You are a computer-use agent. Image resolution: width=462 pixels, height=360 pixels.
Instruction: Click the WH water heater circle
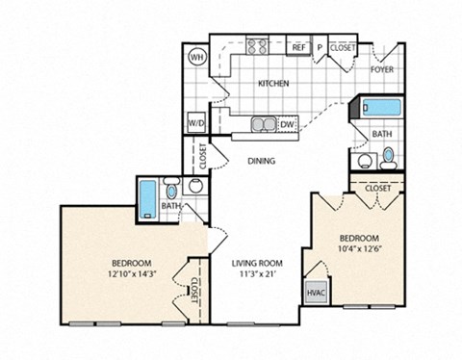coord(198,57)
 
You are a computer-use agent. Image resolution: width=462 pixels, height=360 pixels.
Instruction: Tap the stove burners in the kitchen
coord(257,45)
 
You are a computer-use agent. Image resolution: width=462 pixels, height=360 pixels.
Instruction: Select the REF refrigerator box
coord(298,47)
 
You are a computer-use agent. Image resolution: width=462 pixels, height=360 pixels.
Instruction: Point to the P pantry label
coord(319,47)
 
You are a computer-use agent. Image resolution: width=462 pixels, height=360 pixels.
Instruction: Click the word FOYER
coord(382,70)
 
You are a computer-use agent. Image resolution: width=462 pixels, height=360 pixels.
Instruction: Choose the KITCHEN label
coord(273,84)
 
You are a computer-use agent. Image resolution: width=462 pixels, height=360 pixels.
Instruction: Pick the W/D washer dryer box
coord(196,123)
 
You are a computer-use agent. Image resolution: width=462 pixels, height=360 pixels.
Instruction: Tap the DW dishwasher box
coord(287,124)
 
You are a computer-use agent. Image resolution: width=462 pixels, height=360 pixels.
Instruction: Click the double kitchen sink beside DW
coord(261,123)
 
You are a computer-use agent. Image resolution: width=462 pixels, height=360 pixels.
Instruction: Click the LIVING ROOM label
coord(256,262)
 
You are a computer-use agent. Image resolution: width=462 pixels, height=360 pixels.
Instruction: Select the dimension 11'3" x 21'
coord(256,273)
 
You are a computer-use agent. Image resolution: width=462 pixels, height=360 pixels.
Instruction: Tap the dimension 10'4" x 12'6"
coord(358,249)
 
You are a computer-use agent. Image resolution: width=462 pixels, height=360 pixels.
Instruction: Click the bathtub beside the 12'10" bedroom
coord(147,199)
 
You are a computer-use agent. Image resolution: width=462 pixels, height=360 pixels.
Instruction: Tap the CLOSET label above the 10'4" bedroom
coord(378,189)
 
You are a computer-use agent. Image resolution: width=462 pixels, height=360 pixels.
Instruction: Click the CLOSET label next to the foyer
coord(343,46)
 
